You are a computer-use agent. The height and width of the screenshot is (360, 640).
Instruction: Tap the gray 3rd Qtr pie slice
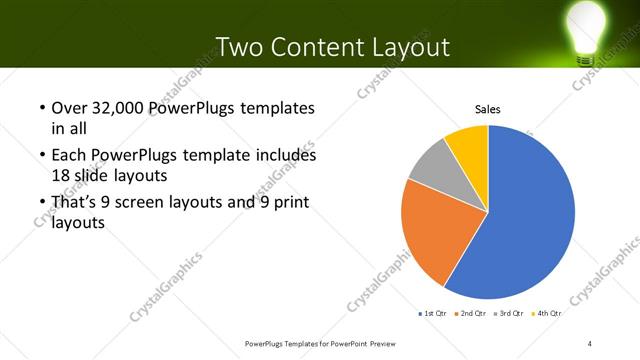430,165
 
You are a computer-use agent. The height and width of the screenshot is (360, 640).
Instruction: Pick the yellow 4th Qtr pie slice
468,144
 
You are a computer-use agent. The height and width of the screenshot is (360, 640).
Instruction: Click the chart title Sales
487,109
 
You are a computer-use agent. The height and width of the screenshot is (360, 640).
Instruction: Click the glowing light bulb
588,27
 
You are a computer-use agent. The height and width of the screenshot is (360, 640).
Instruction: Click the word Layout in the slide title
404,47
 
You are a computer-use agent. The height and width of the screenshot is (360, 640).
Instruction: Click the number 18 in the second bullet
61,175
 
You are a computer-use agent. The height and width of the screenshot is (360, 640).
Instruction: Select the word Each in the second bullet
68,156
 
